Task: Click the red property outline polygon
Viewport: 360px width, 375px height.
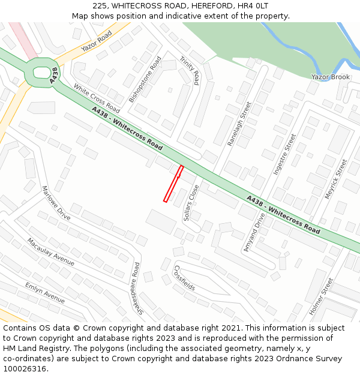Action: (x=173, y=184)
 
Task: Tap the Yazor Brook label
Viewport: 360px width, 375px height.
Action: (x=330, y=77)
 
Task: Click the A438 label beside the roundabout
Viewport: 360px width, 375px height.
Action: (x=54, y=75)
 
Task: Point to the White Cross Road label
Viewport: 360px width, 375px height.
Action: (x=97, y=98)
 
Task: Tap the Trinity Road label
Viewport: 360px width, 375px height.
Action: (x=190, y=70)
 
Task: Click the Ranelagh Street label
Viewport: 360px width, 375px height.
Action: (x=239, y=124)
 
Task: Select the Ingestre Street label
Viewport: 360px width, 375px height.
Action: (x=285, y=154)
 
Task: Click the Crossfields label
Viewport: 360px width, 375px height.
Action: (x=184, y=277)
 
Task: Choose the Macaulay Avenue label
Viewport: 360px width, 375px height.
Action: (x=50, y=252)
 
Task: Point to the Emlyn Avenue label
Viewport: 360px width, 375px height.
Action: (x=44, y=292)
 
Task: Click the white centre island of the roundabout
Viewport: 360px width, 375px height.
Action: (x=42, y=73)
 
